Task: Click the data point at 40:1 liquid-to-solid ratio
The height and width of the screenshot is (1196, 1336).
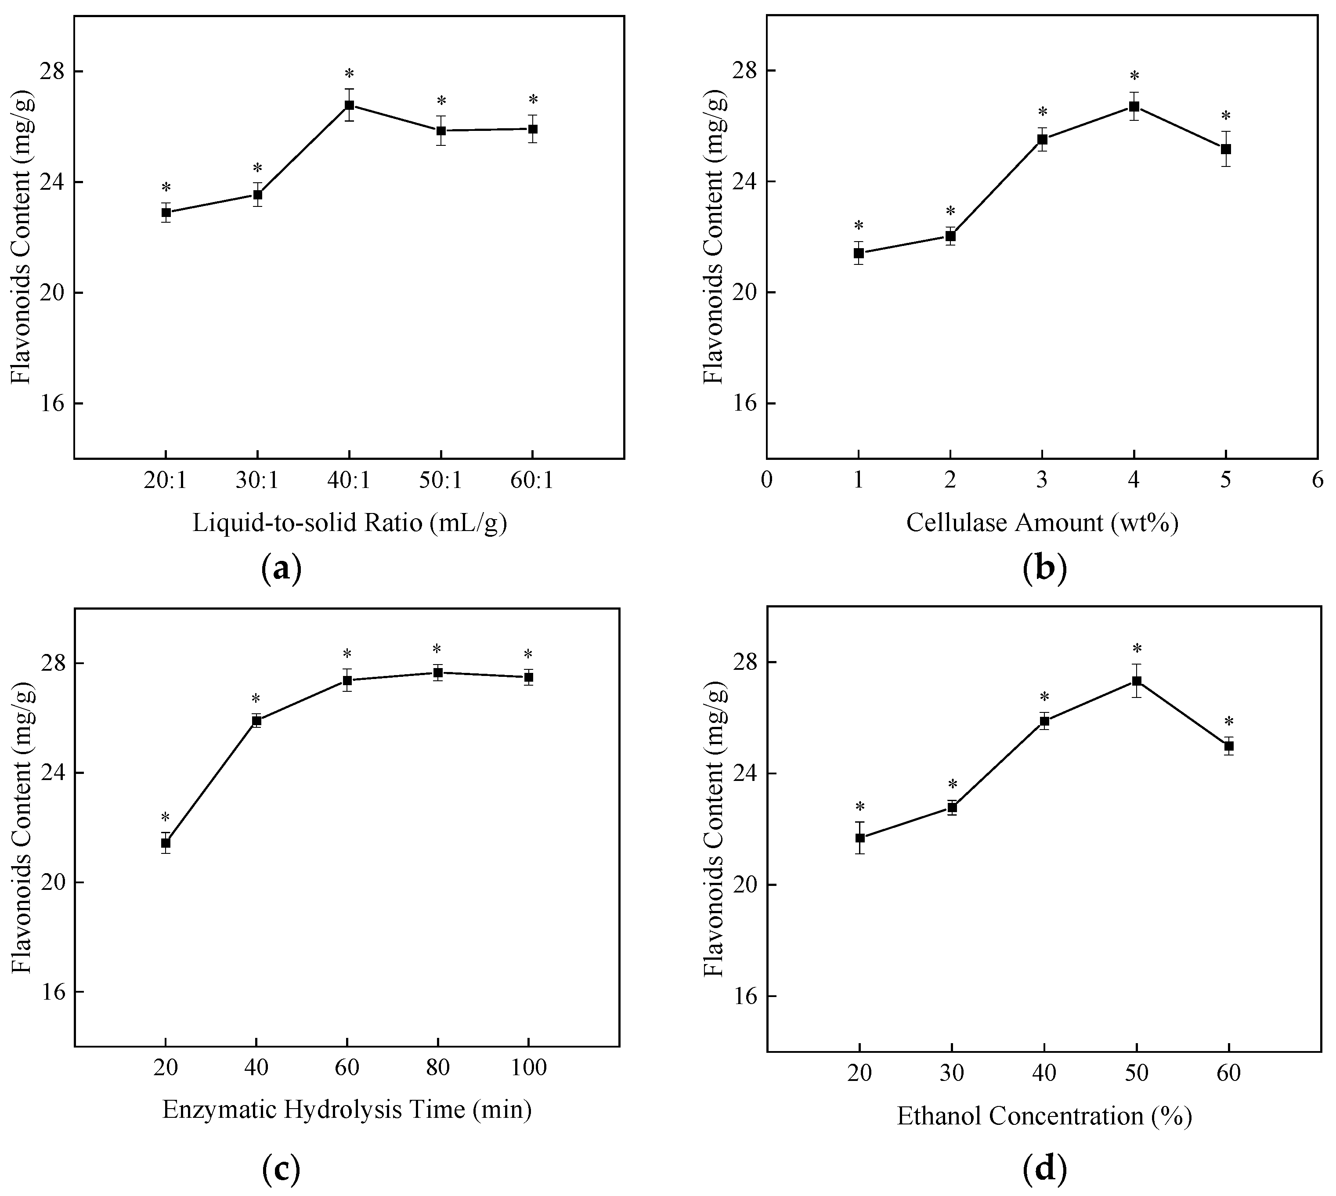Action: [349, 105]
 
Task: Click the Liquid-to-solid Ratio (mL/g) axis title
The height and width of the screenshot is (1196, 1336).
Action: [350, 523]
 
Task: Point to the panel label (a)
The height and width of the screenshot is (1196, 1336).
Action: [281, 568]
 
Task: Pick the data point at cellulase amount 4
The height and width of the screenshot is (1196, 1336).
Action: [1134, 106]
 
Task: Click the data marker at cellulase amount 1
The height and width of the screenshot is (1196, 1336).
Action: [858, 253]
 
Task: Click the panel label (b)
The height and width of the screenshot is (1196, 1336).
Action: [1045, 568]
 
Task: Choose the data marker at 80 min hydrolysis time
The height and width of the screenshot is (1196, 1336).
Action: [438, 672]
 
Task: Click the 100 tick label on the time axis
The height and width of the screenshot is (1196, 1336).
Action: [528, 1068]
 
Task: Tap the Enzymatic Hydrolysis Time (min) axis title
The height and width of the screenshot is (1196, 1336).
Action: [347, 1110]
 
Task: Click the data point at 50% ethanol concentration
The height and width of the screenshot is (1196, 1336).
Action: [1136, 681]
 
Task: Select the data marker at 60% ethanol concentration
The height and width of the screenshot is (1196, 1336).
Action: [1228, 746]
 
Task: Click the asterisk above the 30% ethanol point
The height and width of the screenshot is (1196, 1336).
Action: [952, 784]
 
